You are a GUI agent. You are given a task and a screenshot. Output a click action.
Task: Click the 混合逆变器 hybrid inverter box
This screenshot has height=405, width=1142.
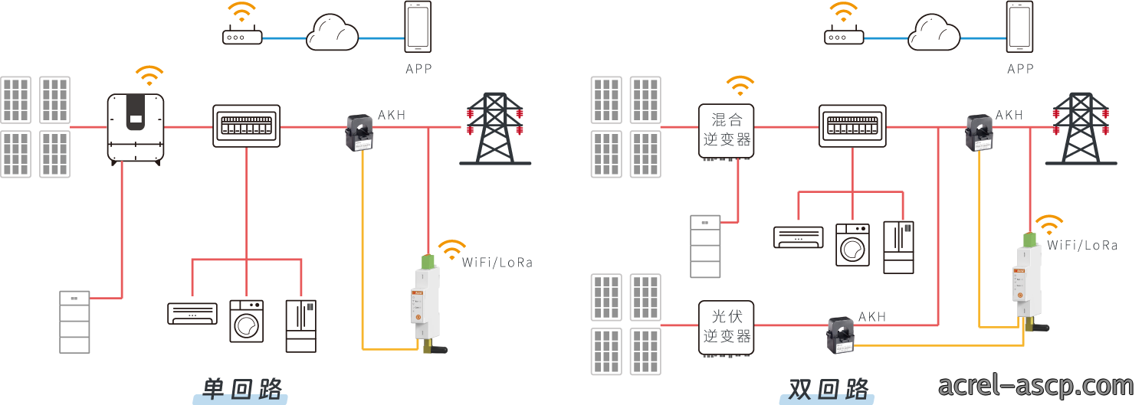[726, 131]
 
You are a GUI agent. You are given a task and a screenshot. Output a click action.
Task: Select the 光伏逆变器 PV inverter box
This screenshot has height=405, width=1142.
[726, 328]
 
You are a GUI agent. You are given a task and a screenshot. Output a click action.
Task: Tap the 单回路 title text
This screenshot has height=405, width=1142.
[242, 389]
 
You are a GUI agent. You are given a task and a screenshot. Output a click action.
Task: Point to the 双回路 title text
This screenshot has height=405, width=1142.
[829, 389]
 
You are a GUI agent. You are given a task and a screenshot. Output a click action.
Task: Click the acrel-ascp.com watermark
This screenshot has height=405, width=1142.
[1035, 386]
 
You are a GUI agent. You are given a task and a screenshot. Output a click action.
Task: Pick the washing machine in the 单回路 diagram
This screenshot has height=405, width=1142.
[247, 321]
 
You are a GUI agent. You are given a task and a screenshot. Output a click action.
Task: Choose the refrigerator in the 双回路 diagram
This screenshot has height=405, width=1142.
[898, 247]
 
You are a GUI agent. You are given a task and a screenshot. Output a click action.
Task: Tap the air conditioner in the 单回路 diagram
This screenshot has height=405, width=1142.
[192, 313]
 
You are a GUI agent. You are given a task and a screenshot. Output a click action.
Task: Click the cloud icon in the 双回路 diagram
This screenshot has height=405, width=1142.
[934, 33]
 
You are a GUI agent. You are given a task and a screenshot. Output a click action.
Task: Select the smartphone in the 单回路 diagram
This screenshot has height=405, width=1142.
[418, 27]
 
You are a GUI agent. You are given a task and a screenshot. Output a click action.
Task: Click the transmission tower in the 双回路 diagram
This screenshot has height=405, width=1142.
[1081, 129]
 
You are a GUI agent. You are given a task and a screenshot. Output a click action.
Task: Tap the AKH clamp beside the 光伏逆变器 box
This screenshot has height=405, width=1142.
[840, 335]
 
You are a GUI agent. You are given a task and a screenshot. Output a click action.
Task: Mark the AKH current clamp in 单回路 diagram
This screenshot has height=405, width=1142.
[359, 133]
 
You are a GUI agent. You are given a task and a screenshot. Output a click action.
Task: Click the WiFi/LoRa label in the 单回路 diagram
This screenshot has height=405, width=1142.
[497, 263]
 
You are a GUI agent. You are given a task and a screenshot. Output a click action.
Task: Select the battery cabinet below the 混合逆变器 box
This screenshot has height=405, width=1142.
[705, 247]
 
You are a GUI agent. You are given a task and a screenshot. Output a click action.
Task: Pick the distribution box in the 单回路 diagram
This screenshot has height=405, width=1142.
[246, 126]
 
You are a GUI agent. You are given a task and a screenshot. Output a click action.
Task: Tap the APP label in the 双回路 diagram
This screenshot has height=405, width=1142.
[1021, 69]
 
